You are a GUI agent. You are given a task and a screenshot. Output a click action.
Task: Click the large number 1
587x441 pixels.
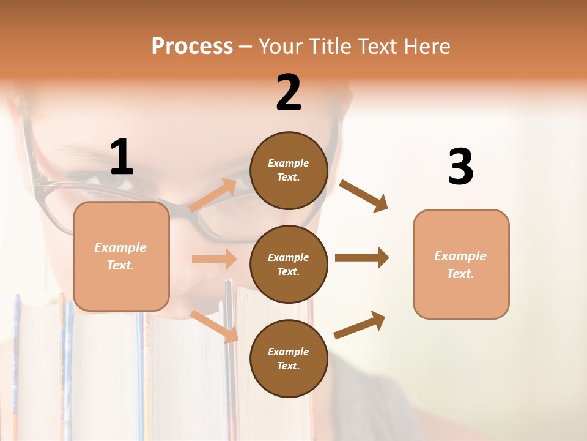coord(122,157)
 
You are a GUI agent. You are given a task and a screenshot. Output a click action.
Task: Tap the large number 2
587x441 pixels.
coord(289,92)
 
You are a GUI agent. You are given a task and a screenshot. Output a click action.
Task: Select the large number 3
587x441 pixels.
coord(461,167)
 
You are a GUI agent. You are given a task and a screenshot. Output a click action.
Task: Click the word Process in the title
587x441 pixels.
coord(192,47)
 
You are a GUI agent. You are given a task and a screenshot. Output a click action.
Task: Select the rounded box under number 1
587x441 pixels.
coord(121,256)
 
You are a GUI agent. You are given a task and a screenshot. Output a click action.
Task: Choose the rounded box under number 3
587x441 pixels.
coord(461,264)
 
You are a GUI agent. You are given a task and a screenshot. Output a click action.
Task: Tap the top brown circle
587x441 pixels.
coord(289,170)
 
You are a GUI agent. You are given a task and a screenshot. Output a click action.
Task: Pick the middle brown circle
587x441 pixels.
coord(289,264)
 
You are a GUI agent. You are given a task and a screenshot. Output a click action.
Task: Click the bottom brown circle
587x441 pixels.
coord(289,358)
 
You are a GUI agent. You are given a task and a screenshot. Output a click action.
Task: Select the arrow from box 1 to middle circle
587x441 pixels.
coord(214,259)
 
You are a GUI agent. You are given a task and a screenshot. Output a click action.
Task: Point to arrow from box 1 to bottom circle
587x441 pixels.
coord(215,326)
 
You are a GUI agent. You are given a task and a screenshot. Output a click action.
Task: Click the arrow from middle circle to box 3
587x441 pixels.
coord(362,258)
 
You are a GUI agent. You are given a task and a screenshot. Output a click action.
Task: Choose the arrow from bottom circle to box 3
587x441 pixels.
coord(360,325)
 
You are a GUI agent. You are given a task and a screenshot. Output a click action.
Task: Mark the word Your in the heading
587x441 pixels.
coord(281,47)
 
